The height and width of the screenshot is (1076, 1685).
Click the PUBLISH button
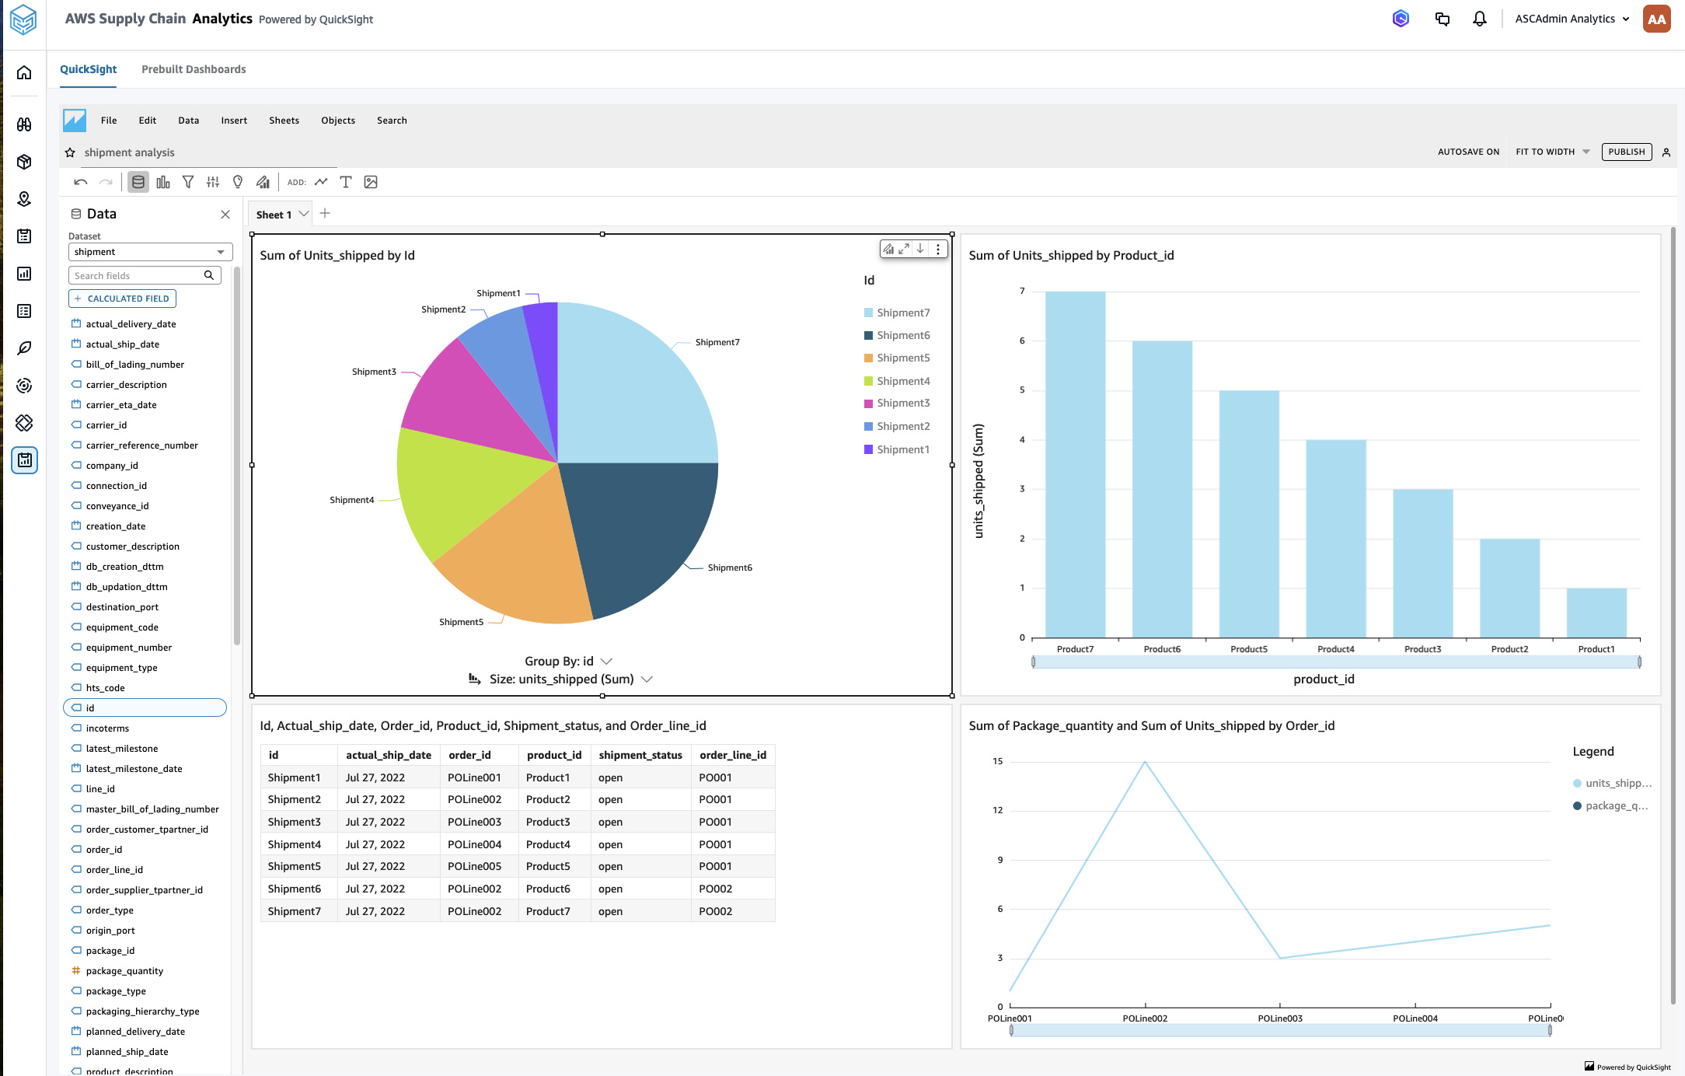coord(1626,152)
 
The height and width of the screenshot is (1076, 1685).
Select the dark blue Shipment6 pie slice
coord(637,529)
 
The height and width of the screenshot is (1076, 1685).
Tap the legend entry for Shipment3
coord(902,403)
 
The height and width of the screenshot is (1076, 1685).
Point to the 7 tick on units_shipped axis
coord(1022,292)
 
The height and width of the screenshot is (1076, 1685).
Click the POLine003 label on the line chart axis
coord(1279,1018)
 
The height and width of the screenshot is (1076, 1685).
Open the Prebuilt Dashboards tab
coord(194,69)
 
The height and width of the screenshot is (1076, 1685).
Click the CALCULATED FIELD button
coord(122,299)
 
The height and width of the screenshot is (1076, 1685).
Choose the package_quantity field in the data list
coord(124,971)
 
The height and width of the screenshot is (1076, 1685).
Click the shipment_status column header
coord(640,755)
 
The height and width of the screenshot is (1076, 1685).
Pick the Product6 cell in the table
coord(548,889)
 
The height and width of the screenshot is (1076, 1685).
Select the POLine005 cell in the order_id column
coord(474,866)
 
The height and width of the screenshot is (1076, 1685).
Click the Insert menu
coord(233,121)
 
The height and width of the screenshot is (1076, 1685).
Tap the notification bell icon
coord(1479,19)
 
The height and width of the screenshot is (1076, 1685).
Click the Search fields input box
coord(136,276)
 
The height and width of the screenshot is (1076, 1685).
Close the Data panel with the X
coord(225,215)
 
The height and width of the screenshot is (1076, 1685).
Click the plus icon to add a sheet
coord(325,214)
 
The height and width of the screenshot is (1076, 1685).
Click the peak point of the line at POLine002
coord(1144,762)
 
